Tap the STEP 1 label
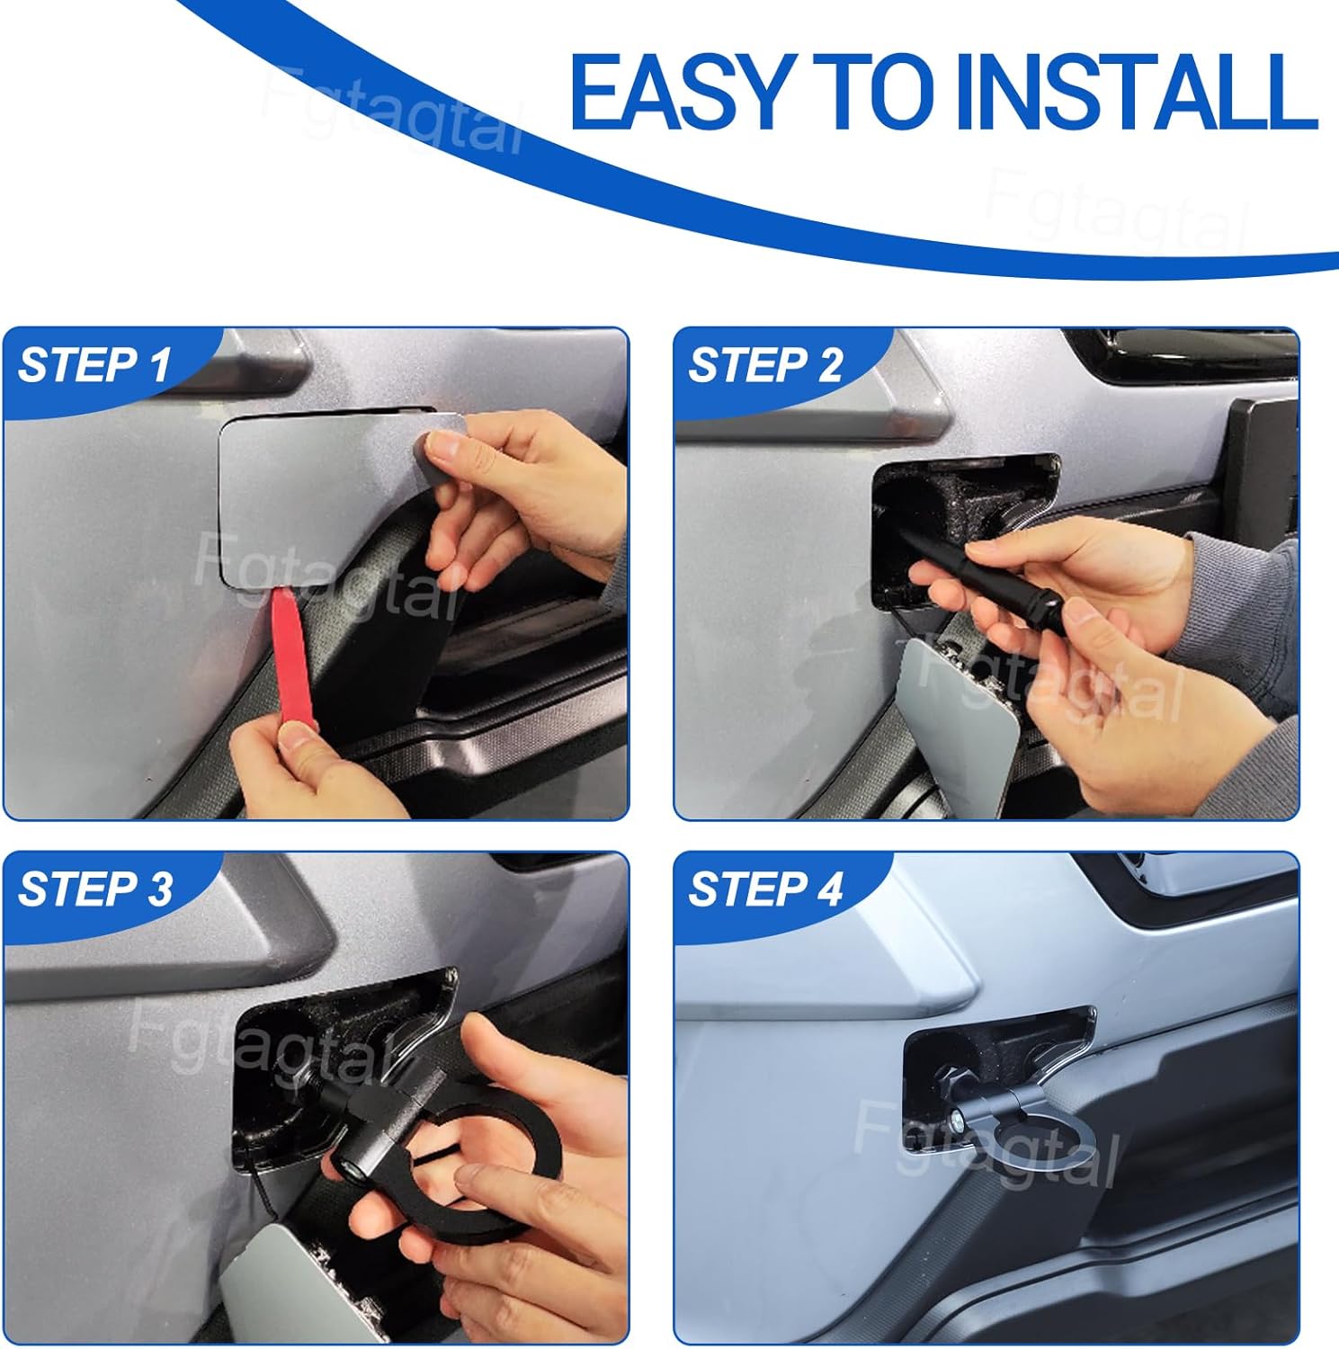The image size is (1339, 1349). point(94,365)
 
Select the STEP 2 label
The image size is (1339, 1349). point(765,365)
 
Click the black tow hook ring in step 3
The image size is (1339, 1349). point(477,1142)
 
